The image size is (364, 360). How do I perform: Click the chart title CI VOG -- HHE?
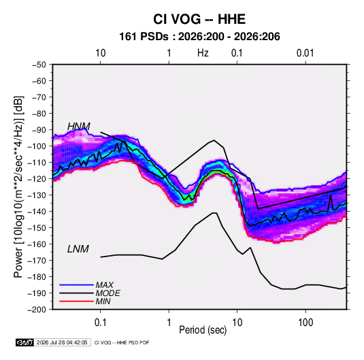199,19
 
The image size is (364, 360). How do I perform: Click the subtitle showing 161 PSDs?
199,37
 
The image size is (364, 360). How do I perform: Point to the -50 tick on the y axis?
39,65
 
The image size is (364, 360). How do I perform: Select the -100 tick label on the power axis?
37,146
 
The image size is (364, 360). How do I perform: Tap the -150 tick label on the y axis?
37,228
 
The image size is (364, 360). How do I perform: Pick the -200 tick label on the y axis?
37,310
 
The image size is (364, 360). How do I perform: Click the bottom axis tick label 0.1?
101,323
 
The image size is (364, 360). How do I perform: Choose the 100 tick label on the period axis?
305,323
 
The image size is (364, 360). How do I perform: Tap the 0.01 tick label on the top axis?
305,53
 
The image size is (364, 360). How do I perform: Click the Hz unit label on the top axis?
203,53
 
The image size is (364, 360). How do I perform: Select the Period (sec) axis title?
203,330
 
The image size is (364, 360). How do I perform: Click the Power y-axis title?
18,186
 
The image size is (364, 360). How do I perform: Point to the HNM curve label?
79,127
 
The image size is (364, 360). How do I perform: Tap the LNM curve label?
78,249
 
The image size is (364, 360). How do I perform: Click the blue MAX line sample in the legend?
76,284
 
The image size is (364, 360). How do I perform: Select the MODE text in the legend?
107,293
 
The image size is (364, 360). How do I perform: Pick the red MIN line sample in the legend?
76,301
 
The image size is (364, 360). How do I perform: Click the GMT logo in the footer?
25,342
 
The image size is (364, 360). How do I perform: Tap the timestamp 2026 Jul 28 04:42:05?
62,342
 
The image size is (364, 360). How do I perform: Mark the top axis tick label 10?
101,53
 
